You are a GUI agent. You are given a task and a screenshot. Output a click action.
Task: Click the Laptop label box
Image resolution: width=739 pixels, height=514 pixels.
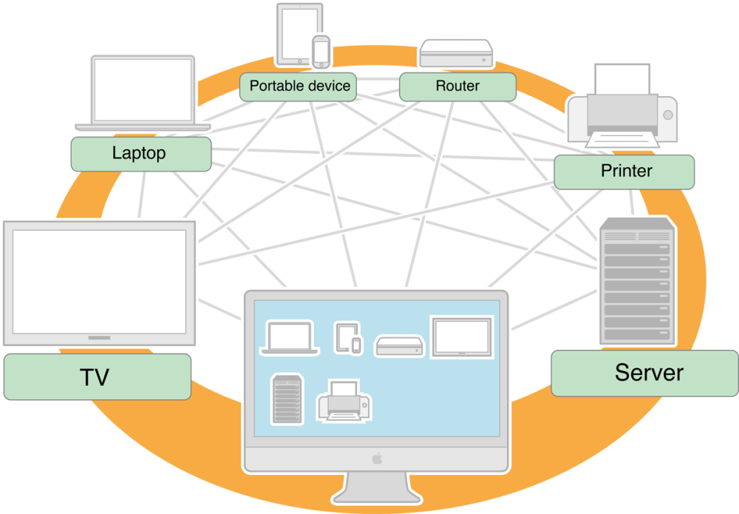pyautogui.click(x=141, y=154)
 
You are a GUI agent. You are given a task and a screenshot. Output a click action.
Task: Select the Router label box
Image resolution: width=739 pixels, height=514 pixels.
pyautogui.click(x=457, y=87)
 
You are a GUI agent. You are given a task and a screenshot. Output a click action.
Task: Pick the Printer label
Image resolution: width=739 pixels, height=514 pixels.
pyautogui.click(x=624, y=172)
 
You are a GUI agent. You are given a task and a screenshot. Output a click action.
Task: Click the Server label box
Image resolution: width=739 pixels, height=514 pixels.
pyautogui.click(x=644, y=373)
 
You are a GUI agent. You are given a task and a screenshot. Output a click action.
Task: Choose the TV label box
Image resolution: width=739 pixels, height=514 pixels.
pyautogui.click(x=98, y=376)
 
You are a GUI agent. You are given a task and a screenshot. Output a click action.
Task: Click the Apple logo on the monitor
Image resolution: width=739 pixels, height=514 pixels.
pyautogui.click(x=377, y=459)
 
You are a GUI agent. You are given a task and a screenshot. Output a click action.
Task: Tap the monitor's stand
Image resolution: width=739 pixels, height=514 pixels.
pyautogui.click(x=376, y=487)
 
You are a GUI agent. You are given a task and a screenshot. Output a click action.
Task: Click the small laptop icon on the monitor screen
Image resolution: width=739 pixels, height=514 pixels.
pyautogui.click(x=290, y=338)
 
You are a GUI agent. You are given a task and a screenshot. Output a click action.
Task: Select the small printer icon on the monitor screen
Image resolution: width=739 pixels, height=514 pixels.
pyautogui.click(x=344, y=402)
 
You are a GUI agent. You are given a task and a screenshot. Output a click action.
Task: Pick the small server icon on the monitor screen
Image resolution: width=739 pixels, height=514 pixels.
pyautogui.click(x=287, y=399)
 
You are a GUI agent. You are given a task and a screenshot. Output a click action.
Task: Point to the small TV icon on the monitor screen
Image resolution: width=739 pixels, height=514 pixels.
pyautogui.click(x=462, y=337)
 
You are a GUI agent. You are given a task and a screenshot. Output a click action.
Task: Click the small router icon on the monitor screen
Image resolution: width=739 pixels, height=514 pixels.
pyautogui.click(x=399, y=346)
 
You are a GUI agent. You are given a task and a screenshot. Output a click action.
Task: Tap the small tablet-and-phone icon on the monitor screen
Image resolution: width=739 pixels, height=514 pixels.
pyautogui.click(x=348, y=338)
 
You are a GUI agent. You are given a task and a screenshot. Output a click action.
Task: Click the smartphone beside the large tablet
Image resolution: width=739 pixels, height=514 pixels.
pyautogui.click(x=321, y=52)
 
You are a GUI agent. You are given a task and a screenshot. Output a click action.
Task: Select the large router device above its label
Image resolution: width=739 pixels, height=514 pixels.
pyautogui.click(x=456, y=53)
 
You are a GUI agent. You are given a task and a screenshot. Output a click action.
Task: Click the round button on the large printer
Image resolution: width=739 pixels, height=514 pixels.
pyautogui.click(x=668, y=115)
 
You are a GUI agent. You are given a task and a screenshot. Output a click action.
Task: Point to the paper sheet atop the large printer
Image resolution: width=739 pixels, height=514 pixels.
pyautogui.click(x=622, y=78)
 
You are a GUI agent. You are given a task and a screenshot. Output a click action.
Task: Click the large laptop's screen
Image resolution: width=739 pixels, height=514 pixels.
pyautogui.click(x=143, y=90)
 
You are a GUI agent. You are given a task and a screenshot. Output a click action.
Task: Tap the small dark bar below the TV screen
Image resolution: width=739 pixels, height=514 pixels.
pyautogui.click(x=99, y=338)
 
